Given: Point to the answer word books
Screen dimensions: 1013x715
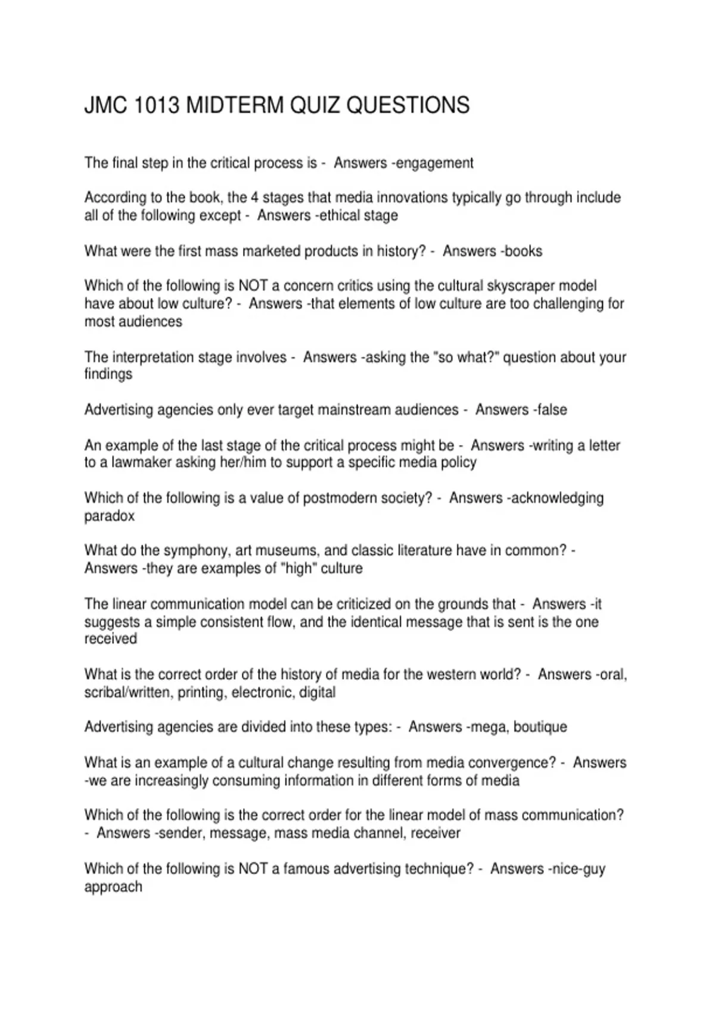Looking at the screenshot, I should pos(524,251).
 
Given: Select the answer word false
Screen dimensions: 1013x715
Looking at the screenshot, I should pos(552,410).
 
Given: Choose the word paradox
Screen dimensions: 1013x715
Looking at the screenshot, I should pos(110,516).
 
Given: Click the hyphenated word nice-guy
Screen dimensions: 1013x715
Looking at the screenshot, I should pos(577,869).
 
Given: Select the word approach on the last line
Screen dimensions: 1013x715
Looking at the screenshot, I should pos(113,887).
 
